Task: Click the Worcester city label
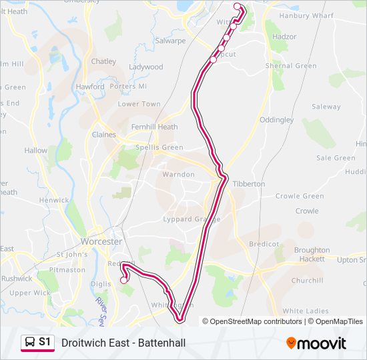point(101,241)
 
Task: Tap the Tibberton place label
point(250,183)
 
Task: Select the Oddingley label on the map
point(276,120)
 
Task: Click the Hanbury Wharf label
point(306,15)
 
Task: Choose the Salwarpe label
point(169,41)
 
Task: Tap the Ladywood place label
point(145,67)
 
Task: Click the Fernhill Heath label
point(154,127)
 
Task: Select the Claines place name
point(103,135)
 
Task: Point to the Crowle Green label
point(300,197)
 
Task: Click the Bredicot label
point(264,245)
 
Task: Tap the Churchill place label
point(307,281)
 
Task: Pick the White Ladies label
point(306,311)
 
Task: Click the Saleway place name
point(326,107)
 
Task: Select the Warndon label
point(178,175)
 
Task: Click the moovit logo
point(316,343)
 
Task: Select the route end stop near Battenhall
point(123,281)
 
